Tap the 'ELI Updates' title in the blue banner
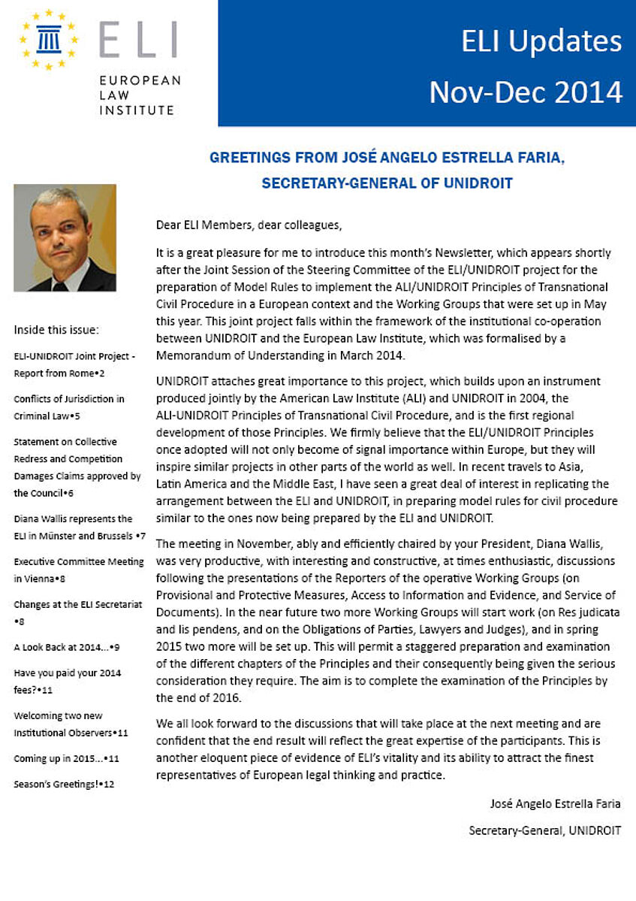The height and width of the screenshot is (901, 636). [541, 41]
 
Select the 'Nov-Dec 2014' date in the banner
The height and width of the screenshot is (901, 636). [526, 92]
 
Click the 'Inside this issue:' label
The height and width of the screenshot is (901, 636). [56, 329]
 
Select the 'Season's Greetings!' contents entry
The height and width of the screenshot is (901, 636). [63, 785]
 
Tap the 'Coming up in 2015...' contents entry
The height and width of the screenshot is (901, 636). [66, 758]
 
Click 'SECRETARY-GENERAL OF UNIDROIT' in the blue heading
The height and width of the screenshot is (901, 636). [387, 183]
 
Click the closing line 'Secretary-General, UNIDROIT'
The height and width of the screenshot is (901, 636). [544, 830]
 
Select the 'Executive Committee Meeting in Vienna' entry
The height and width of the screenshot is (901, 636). [79, 570]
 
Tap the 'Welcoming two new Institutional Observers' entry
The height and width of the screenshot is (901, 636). [71, 724]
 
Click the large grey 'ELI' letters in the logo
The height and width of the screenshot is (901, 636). [138, 41]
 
